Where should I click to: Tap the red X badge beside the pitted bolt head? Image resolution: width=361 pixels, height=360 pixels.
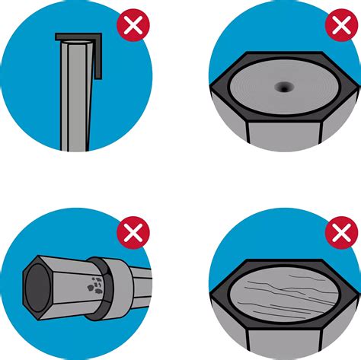pyautogui.click(x=340, y=26)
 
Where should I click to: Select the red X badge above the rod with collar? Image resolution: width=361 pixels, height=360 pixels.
pyautogui.click(x=133, y=231)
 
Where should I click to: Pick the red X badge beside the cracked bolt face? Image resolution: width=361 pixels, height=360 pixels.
pyautogui.click(x=340, y=231)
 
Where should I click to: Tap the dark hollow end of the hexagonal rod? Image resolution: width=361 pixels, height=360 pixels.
pyautogui.click(x=37, y=288)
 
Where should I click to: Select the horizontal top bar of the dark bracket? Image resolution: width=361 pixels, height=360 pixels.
pyautogui.click(x=79, y=36)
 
